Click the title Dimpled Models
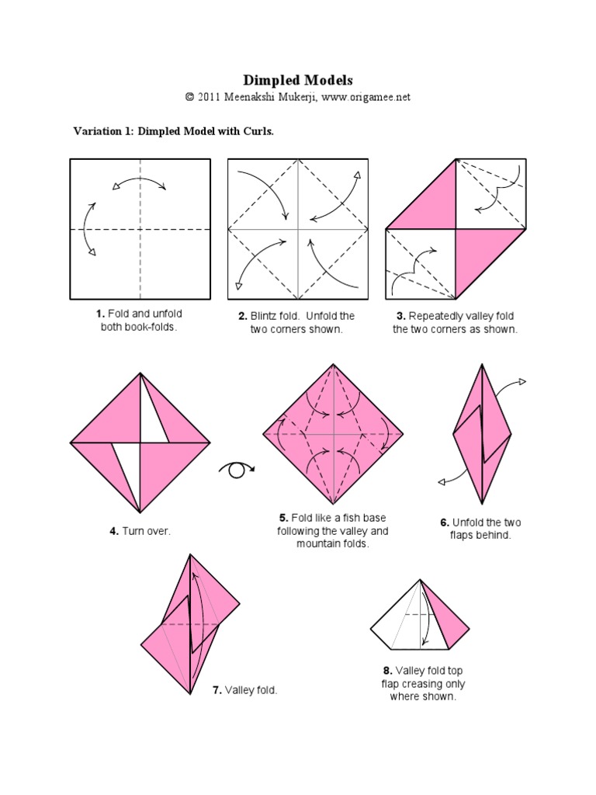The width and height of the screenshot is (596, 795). [298, 80]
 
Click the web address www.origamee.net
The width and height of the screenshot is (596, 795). [366, 97]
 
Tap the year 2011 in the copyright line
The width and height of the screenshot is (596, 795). [210, 97]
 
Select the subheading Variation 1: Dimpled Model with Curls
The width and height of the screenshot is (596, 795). [173, 131]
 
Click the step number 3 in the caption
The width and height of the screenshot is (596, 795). [401, 316]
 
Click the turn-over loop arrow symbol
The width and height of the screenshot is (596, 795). [237, 469]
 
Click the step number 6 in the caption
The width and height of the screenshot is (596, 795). [444, 522]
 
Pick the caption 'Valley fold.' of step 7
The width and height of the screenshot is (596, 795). [251, 689]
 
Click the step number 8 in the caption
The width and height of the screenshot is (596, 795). [386, 670]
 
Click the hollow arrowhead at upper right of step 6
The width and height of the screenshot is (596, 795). [522, 381]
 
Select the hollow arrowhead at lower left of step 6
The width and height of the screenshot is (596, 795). [442, 482]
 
